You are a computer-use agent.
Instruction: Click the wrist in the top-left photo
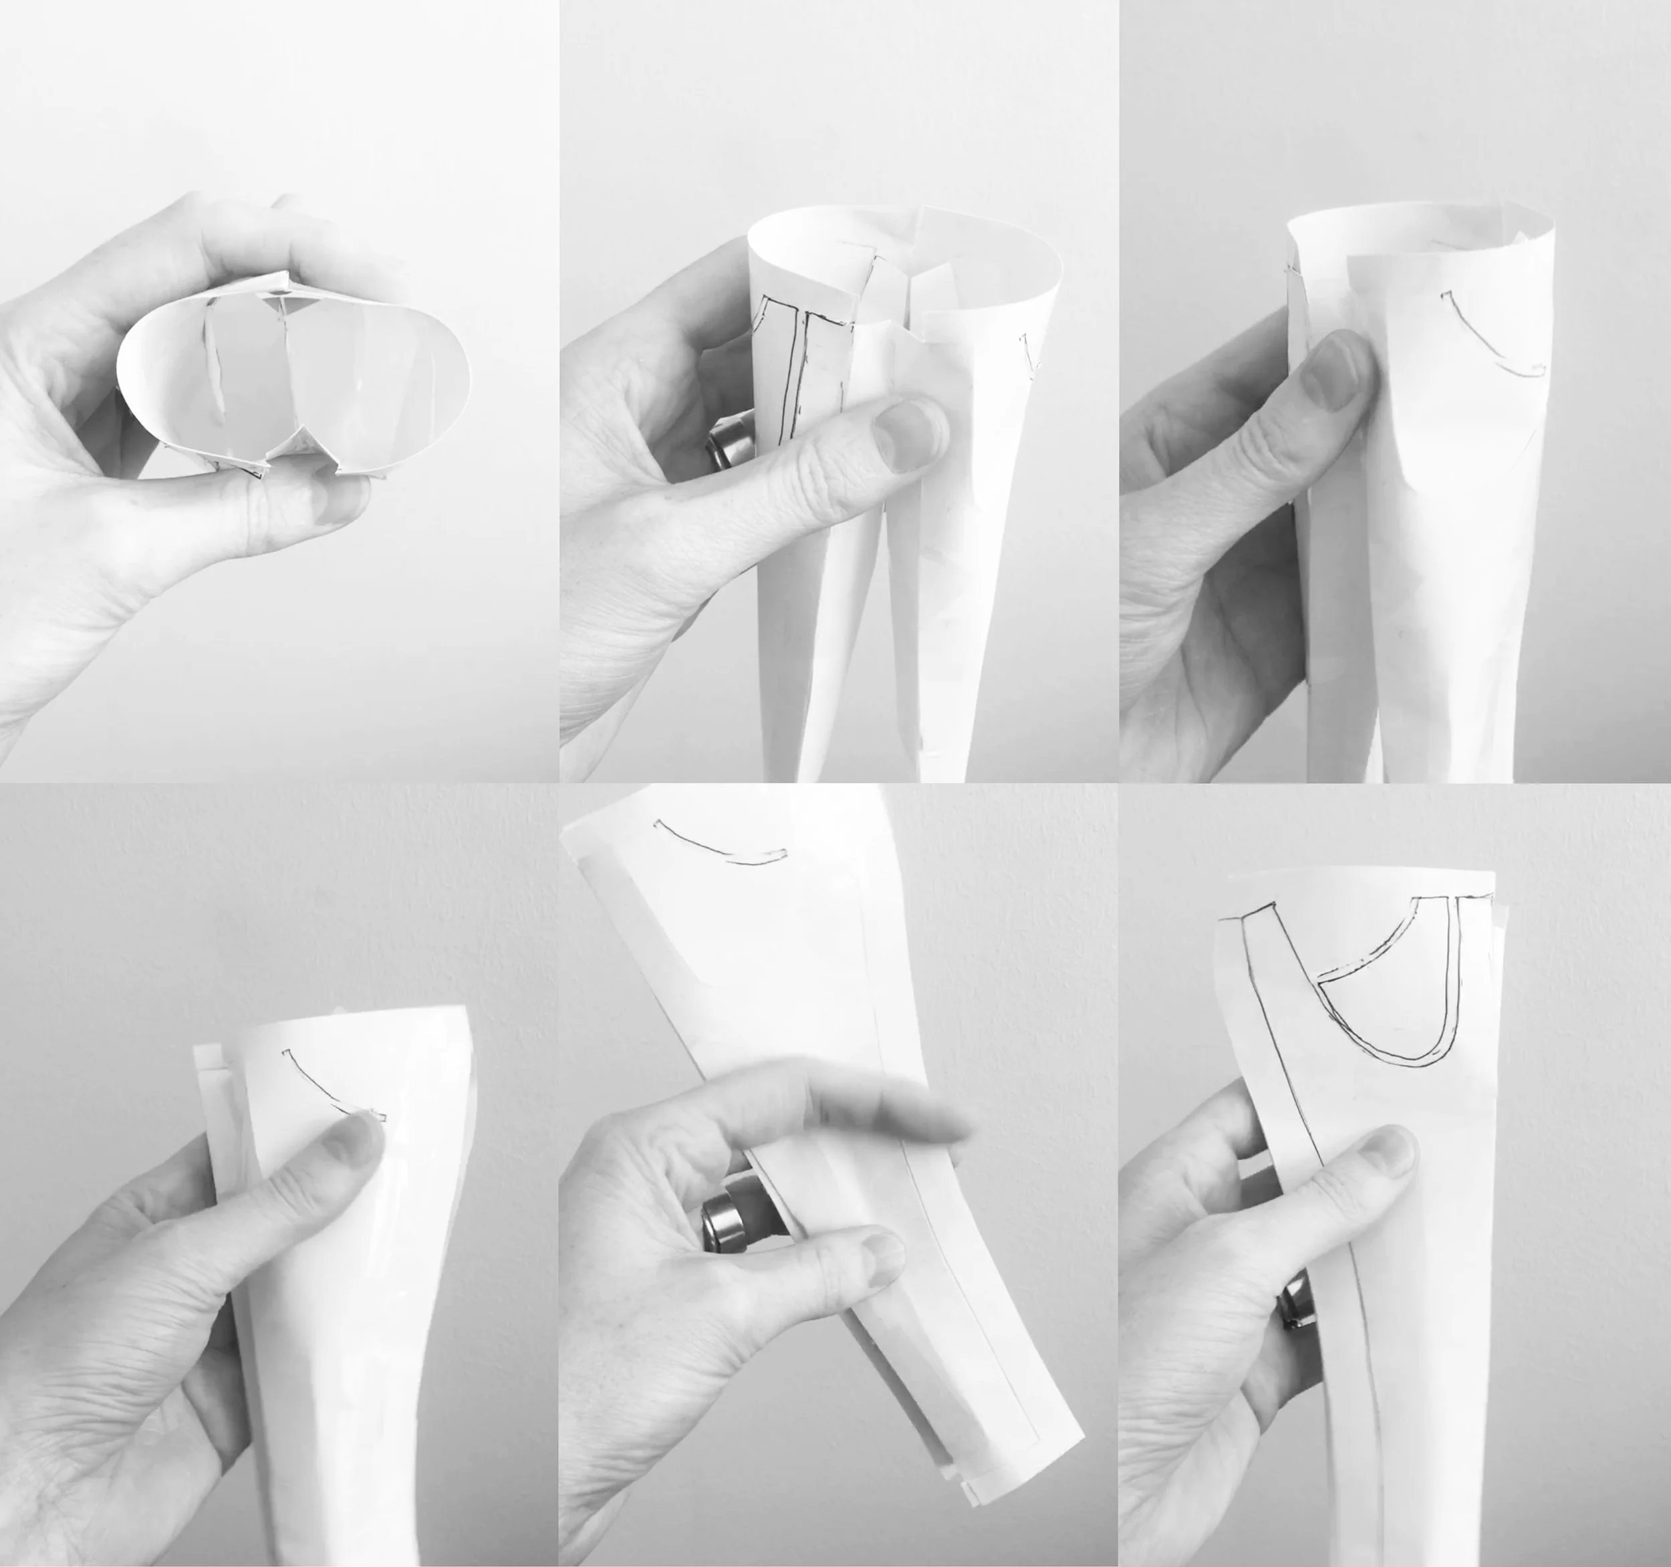tap(59, 656)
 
